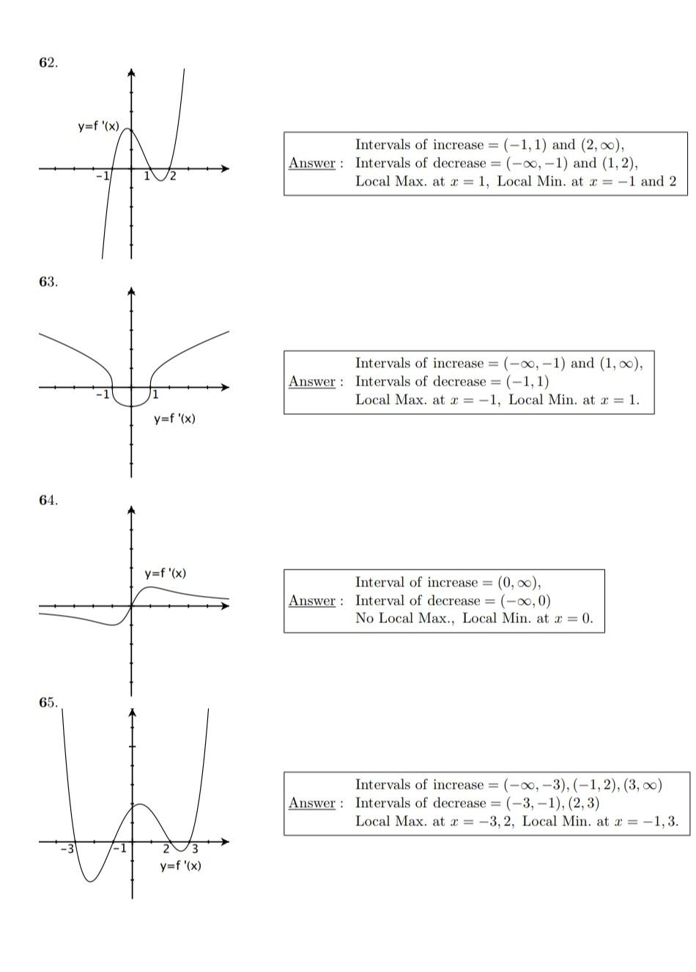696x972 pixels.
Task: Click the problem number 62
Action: coord(48,62)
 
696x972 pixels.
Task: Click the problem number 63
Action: coord(48,282)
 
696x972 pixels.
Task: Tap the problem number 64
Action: coord(48,500)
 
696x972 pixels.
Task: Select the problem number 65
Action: coord(48,702)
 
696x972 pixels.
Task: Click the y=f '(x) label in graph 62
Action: coord(98,126)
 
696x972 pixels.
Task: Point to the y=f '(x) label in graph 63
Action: coord(174,419)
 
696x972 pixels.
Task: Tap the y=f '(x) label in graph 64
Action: coord(166,572)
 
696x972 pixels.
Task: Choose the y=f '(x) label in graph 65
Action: coord(181,866)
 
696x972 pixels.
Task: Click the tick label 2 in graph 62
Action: coord(173,177)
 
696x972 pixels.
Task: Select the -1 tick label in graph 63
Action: coord(103,394)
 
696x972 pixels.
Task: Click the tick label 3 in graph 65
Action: coord(195,849)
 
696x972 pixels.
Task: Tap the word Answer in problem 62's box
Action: coord(312,163)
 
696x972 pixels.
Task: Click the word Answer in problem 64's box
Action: coord(312,600)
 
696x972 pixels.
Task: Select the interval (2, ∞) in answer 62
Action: coord(602,144)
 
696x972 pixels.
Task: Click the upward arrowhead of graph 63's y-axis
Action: coord(131,291)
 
